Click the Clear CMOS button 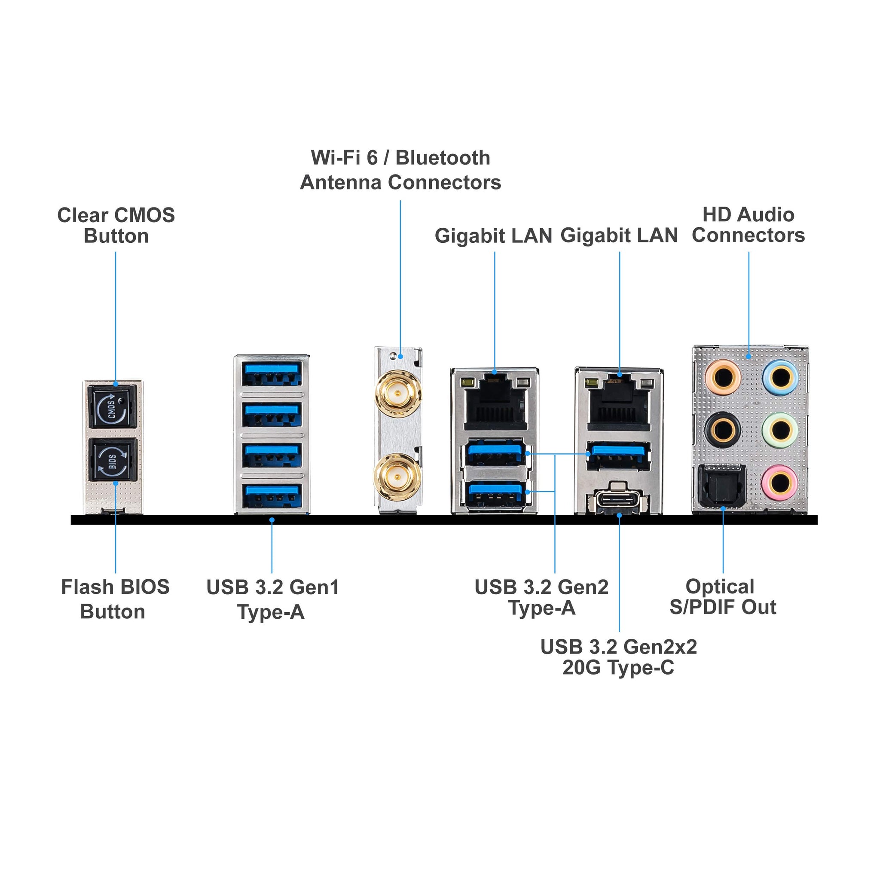click(x=113, y=407)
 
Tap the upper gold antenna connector click(x=397, y=393)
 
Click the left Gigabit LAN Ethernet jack click(x=495, y=403)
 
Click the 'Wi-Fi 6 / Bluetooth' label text click(x=400, y=158)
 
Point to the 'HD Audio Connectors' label click(x=749, y=225)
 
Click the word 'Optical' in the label click(x=720, y=587)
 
